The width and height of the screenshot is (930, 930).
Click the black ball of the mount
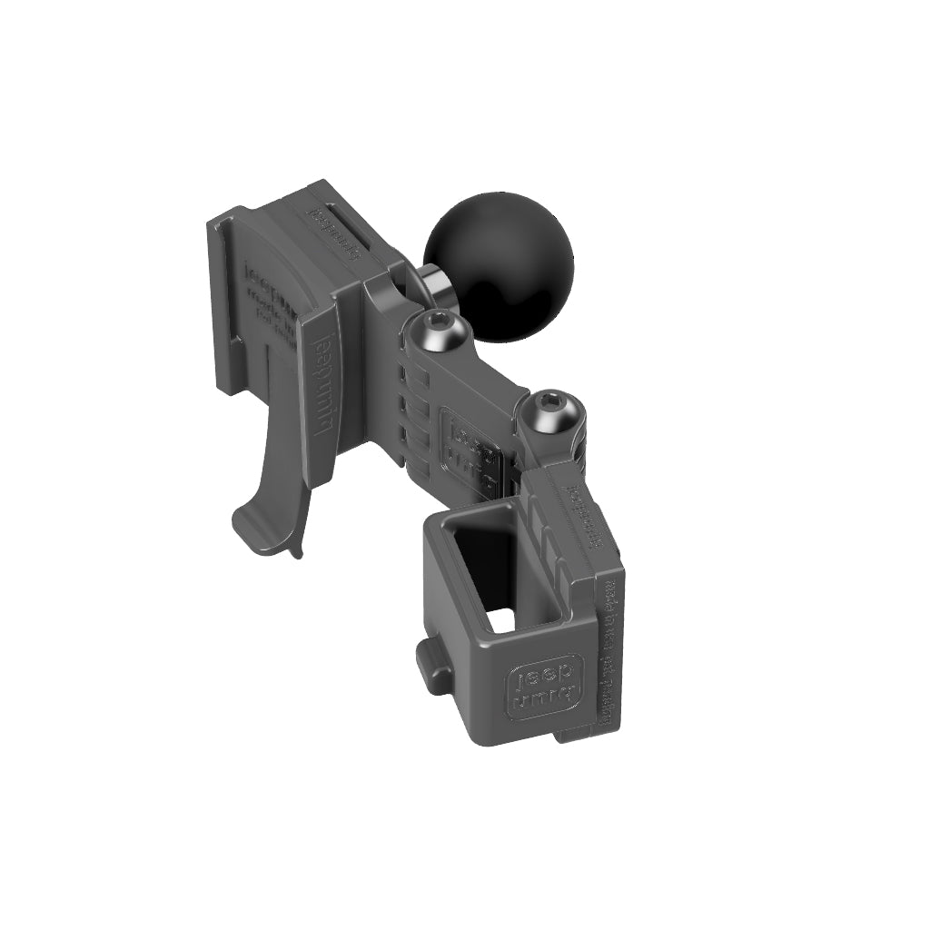(500, 263)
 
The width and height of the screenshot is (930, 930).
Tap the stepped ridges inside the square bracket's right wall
(545, 545)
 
